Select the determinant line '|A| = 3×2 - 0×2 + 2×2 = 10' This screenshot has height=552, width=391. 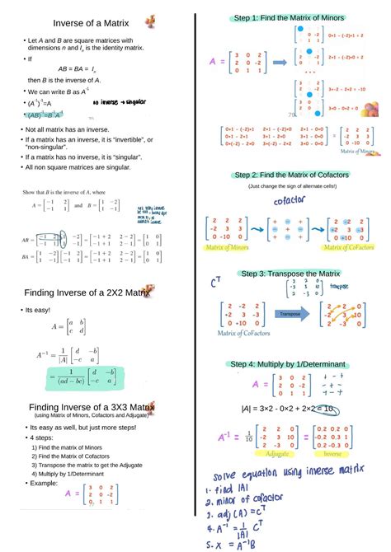[x=288, y=408]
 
